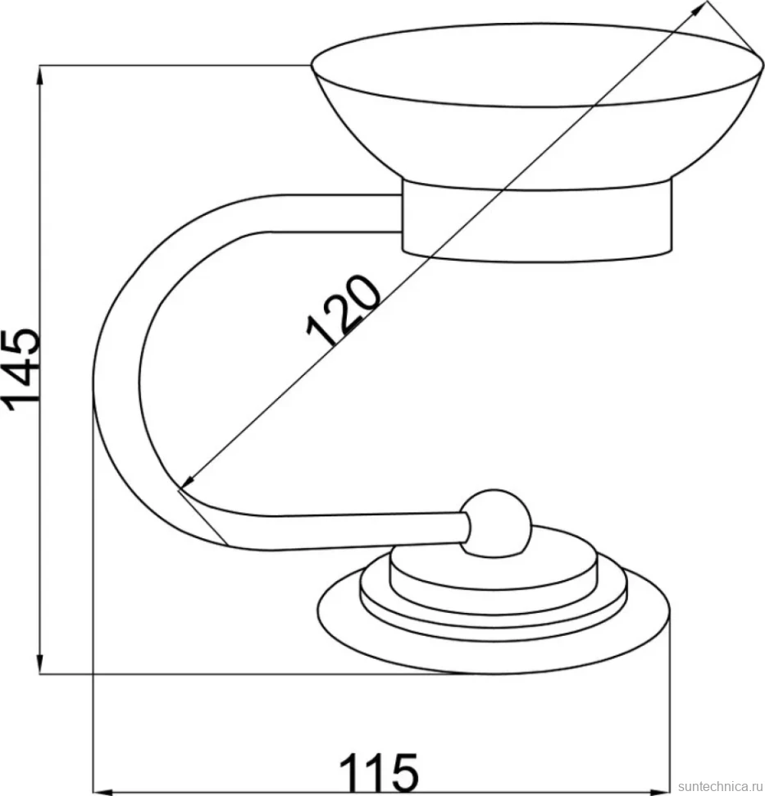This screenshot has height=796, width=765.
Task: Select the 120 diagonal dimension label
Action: [x=344, y=311]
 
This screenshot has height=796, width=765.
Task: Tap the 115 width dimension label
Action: [x=379, y=771]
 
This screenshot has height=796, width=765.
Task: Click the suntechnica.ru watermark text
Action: [x=721, y=786]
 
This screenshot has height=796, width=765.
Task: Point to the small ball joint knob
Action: [x=495, y=524]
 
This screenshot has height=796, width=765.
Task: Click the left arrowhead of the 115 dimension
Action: [x=104, y=792]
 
